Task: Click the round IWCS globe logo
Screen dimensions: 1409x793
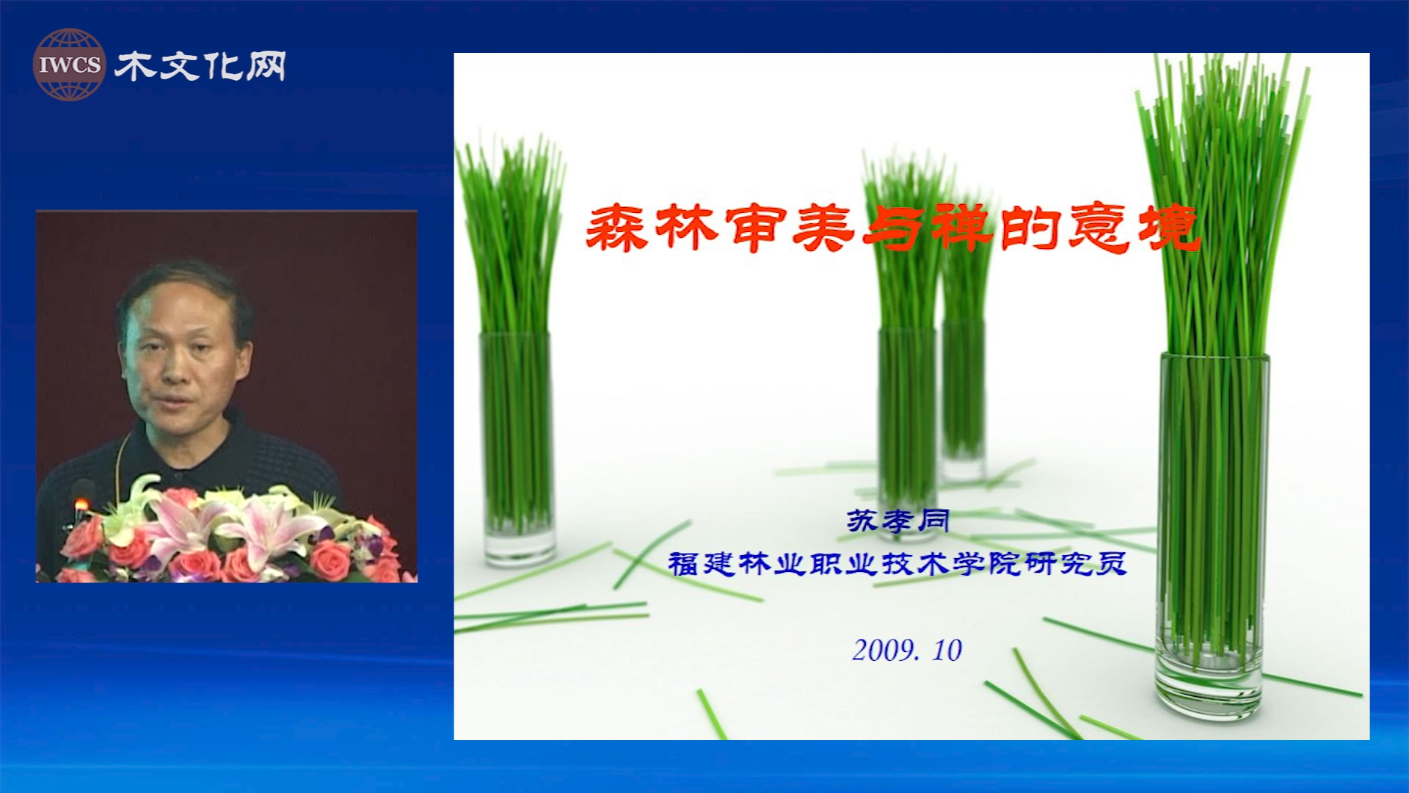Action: point(69,65)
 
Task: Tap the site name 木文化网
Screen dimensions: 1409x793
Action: point(200,66)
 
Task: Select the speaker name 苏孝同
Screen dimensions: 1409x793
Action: point(898,521)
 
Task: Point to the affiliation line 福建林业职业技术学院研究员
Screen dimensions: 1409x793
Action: point(897,564)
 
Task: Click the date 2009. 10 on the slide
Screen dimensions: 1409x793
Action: point(907,650)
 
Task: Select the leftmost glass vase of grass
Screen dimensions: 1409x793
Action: point(517,448)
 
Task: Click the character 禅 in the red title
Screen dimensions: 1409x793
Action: point(961,228)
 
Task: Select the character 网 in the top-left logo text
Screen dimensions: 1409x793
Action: point(266,66)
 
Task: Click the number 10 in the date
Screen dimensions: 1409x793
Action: point(947,650)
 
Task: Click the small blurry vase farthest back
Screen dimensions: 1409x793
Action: point(964,400)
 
